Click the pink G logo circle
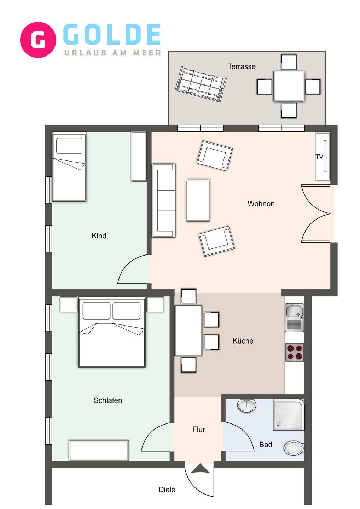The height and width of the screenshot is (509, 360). click(38, 40)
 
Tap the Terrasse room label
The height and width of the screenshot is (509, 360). click(242, 66)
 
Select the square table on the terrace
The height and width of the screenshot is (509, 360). click(289, 86)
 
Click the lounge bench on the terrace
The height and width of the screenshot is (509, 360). click(201, 84)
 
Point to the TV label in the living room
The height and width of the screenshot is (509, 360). click(319, 157)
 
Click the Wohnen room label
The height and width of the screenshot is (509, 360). click(261, 203)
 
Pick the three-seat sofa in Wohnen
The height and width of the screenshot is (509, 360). click(164, 200)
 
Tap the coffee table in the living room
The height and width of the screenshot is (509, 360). click(198, 200)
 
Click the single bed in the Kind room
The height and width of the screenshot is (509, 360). click(69, 167)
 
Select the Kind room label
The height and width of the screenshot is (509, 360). click(99, 235)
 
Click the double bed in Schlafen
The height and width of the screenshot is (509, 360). click(112, 332)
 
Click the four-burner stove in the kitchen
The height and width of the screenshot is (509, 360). click(295, 352)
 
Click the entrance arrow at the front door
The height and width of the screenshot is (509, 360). click(200, 469)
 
